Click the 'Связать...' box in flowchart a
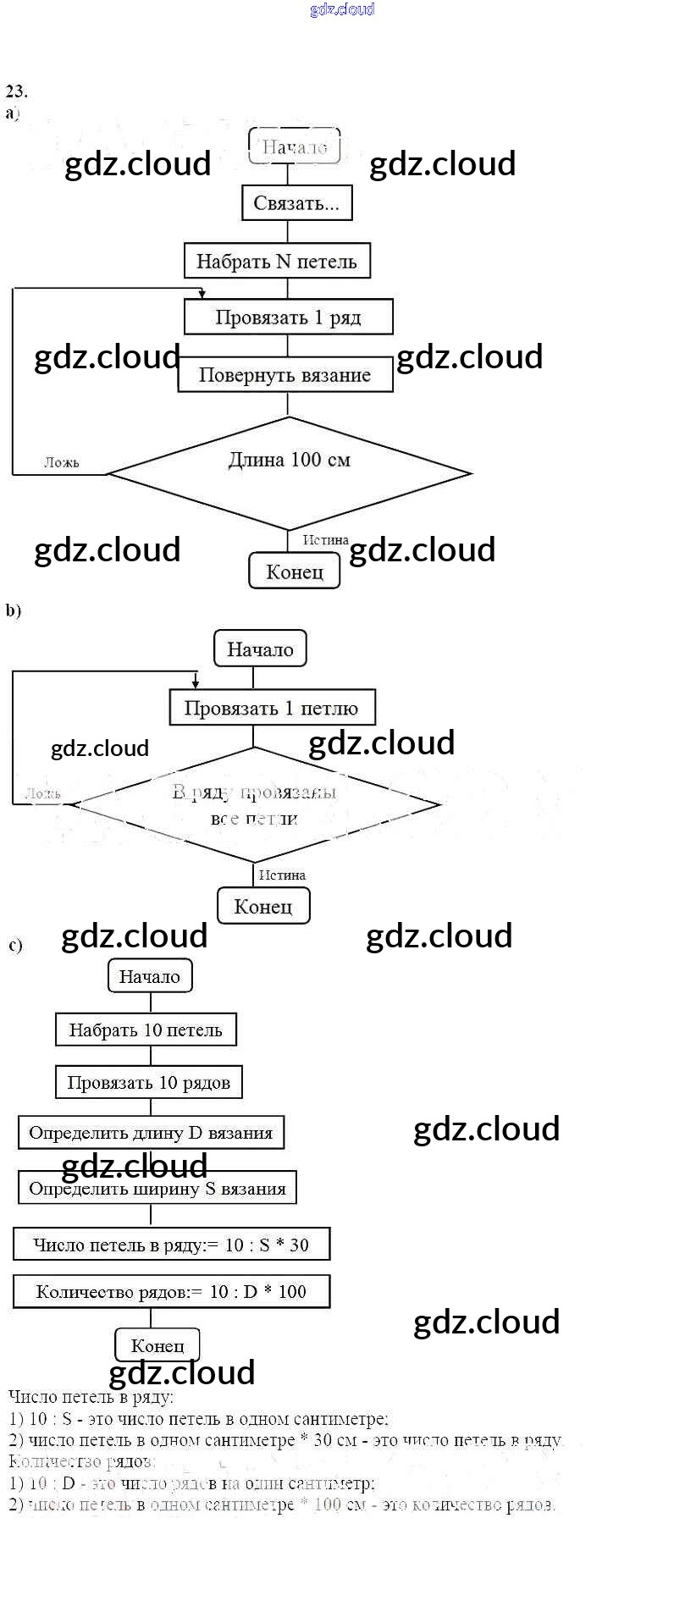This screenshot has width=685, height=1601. tap(296, 203)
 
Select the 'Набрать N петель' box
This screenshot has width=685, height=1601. tap(277, 261)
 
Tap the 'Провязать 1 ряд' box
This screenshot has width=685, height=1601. tap(288, 317)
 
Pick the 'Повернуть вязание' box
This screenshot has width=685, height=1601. tap(285, 375)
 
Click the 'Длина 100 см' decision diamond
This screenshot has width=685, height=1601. tap(289, 472)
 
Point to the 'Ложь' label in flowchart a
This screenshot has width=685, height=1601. tap(62, 462)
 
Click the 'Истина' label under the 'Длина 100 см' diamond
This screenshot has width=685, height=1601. tap(326, 540)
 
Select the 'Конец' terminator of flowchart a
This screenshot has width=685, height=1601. tap(295, 571)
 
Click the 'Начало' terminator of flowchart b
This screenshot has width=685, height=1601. tap(260, 649)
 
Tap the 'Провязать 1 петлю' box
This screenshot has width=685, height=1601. tap(271, 708)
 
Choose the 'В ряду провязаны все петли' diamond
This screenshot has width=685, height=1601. tap(254, 804)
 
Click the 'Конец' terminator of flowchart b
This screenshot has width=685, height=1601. tap(263, 907)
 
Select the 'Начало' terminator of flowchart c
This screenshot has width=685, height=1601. tap(150, 976)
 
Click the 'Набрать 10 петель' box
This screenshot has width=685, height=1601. tap(146, 1030)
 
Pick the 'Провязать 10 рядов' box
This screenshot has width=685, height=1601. tap(149, 1083)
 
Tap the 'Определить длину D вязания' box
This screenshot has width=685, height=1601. tap(151, 1133)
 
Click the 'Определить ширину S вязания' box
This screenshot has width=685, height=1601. tap(157, 1189)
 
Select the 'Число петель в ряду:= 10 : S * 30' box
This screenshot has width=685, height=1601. tap(171, 1245)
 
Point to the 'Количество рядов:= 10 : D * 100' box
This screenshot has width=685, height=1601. tap(171, 1292)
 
